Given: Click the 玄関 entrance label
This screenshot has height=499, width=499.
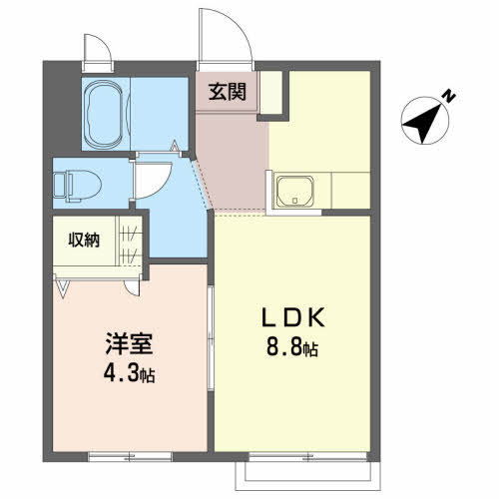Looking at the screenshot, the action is coord(228,92).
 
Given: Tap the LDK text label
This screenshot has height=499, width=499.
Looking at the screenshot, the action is coord(293,317).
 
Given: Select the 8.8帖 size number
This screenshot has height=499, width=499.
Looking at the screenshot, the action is coord(292,347).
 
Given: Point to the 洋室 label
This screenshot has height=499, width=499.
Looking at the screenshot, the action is coord(129,343).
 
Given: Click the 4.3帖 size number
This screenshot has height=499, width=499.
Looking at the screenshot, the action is coord(130,373).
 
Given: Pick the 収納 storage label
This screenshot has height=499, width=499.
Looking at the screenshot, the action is coord(84,240).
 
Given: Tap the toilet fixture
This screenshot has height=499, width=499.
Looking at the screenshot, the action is coord(78,187).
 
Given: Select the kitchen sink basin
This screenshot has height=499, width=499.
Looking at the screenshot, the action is coord(295,191).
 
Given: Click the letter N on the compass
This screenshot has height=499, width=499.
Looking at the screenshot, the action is coord(449,96).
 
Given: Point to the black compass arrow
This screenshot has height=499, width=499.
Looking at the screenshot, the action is coord(423,122).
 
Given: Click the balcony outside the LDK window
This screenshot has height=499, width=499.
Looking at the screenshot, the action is coord(307,475).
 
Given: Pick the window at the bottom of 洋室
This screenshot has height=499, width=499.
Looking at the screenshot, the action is coord(130,456).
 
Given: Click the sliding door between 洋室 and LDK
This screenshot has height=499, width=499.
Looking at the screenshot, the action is coord(211,337).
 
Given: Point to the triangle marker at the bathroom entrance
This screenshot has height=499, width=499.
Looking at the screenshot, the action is coord(175,147).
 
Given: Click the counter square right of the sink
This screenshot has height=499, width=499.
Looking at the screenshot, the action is coord(350,191).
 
